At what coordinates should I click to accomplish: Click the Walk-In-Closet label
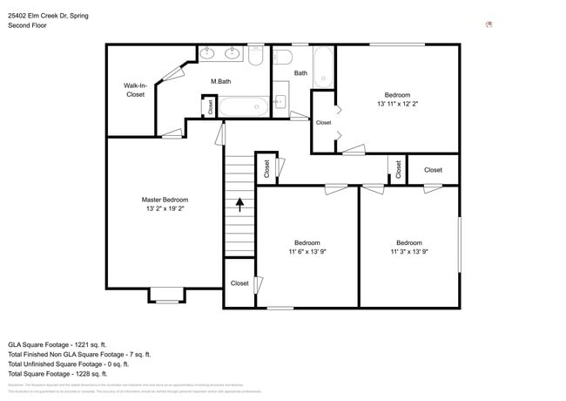coord(135,90)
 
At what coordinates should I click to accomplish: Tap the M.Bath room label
coord(220,82)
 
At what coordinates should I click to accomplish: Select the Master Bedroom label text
coord(165,200)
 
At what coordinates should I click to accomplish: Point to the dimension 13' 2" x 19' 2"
coord(165,209)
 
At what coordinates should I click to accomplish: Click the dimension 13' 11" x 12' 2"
coord(398,104)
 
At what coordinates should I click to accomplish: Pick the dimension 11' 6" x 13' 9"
coord(307,252)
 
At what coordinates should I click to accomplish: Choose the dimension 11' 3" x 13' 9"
coord(409,252)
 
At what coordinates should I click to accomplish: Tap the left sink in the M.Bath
coord(207,54)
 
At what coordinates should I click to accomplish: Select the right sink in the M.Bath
coord(232,54)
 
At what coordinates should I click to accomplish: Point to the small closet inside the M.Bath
coord(210,106)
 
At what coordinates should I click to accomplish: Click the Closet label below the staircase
coord(239,283)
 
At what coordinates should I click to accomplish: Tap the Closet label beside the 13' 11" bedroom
coord(323,123)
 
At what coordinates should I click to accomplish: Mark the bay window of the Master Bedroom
coord(165,295)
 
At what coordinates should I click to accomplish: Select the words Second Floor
coord(27,26)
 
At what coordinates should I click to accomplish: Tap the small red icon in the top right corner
coord(489,24)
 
